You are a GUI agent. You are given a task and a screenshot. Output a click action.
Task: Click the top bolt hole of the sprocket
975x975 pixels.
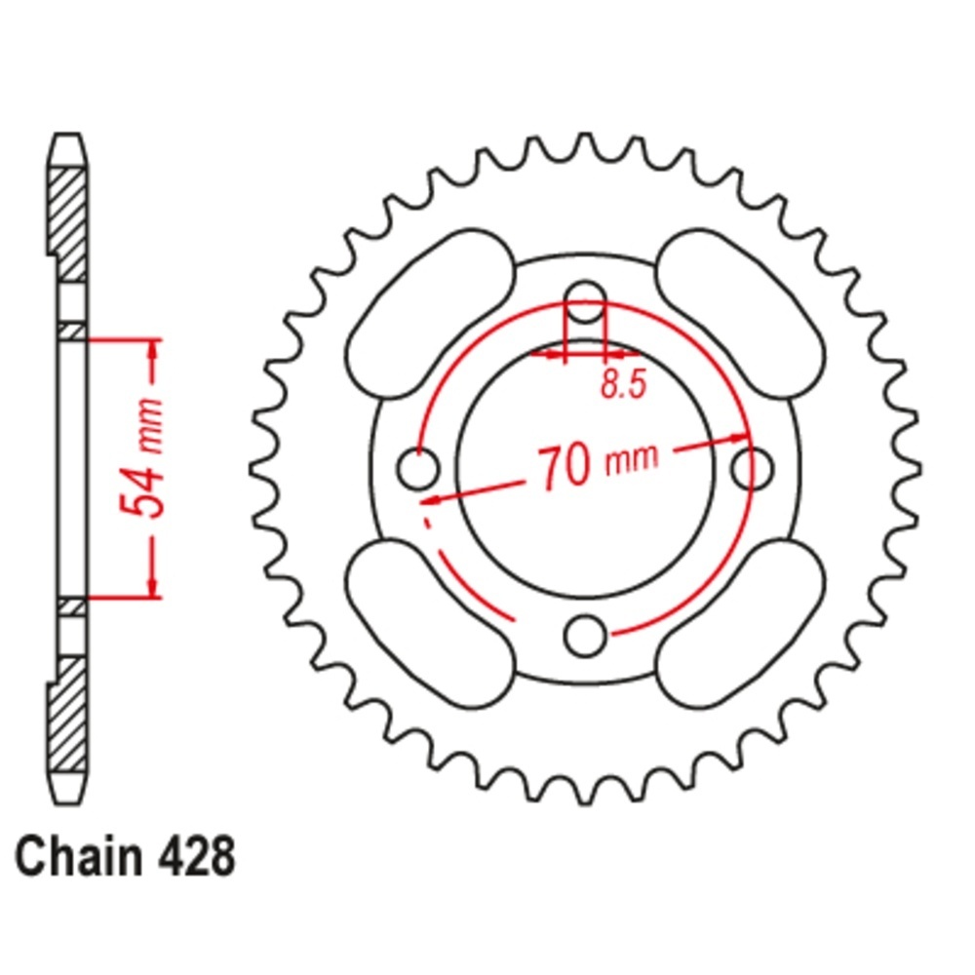585,301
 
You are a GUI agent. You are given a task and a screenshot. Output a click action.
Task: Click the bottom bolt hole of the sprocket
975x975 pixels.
584,636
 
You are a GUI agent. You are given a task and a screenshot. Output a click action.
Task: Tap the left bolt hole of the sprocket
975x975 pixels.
418,468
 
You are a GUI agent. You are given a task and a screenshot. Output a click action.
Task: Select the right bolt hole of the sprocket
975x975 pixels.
752,468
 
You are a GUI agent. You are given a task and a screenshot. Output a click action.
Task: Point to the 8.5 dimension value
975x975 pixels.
624,383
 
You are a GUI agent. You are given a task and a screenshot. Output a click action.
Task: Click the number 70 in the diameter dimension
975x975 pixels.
564,467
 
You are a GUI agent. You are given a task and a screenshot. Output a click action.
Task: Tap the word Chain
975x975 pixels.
79,856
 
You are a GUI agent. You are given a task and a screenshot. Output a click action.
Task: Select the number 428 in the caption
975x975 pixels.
197,856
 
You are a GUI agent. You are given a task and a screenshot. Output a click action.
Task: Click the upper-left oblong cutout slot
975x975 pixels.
430,313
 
